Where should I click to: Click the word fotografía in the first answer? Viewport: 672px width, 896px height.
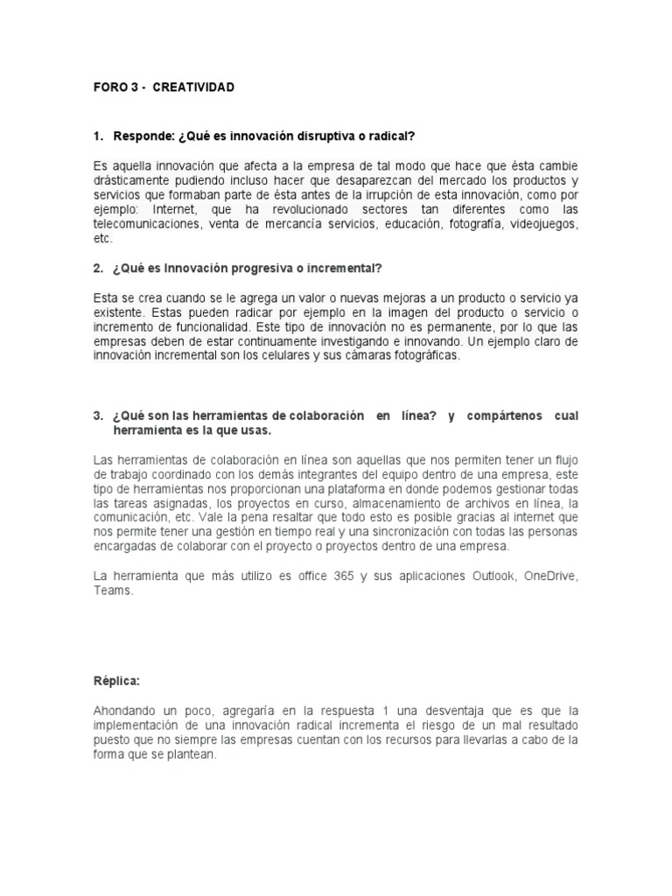coord(479,224)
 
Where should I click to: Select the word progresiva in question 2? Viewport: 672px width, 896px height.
coord(257,267)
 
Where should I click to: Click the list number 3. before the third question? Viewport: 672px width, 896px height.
coord(98,416)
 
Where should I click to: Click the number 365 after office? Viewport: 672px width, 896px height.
coord(332,575)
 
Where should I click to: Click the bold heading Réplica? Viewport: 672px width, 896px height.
coord(116,681)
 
